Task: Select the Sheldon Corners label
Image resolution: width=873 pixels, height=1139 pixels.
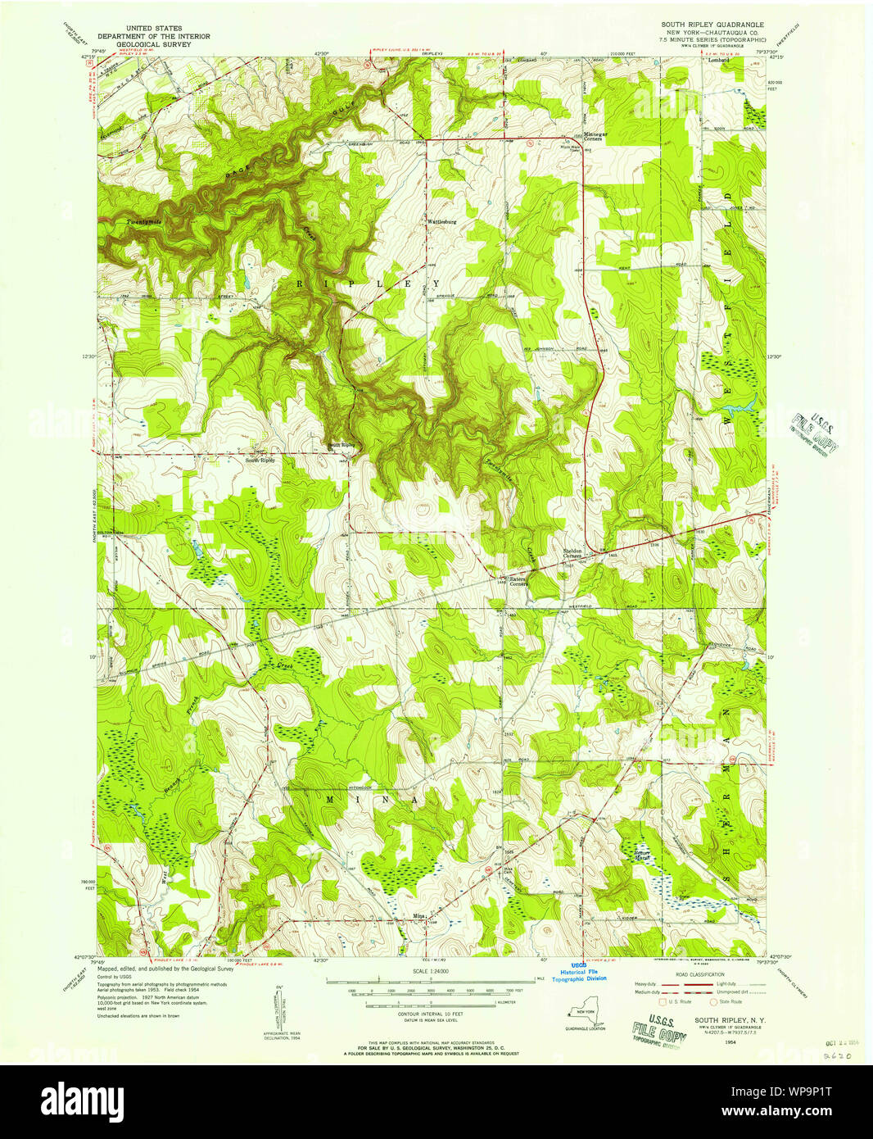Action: tap(572, 553)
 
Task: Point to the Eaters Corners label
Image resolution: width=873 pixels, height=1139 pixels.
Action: tap(519, 580)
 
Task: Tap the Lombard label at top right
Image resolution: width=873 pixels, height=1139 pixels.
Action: tap(718, 60)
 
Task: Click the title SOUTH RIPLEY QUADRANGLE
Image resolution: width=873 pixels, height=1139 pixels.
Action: tap(712, 25)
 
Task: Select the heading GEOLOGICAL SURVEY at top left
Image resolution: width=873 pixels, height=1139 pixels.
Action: tap(154, 45)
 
